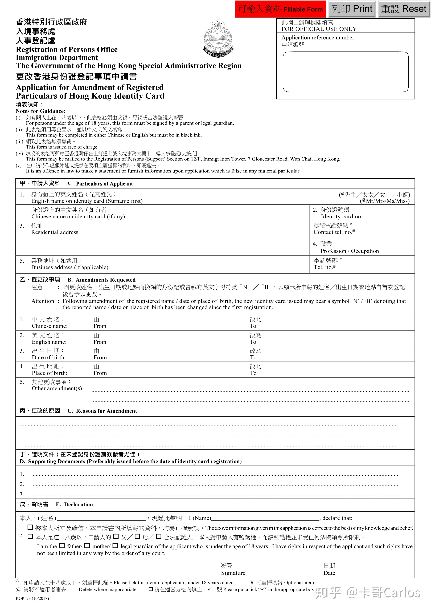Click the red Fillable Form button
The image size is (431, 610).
coord(280,9)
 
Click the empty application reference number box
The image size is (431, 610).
coord(345,72)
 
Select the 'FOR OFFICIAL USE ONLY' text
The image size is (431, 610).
coord(319,29)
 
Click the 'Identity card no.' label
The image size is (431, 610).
coord(342,216)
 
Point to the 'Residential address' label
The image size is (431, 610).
coord(55,232)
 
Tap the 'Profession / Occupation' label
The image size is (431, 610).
coord(350,251)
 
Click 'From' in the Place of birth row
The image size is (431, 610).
coord(100,373)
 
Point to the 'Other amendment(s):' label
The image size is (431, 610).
coord(58,388)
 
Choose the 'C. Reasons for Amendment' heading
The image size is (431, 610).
coord(106,411)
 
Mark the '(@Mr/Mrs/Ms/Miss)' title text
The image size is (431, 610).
coord(385,201)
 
